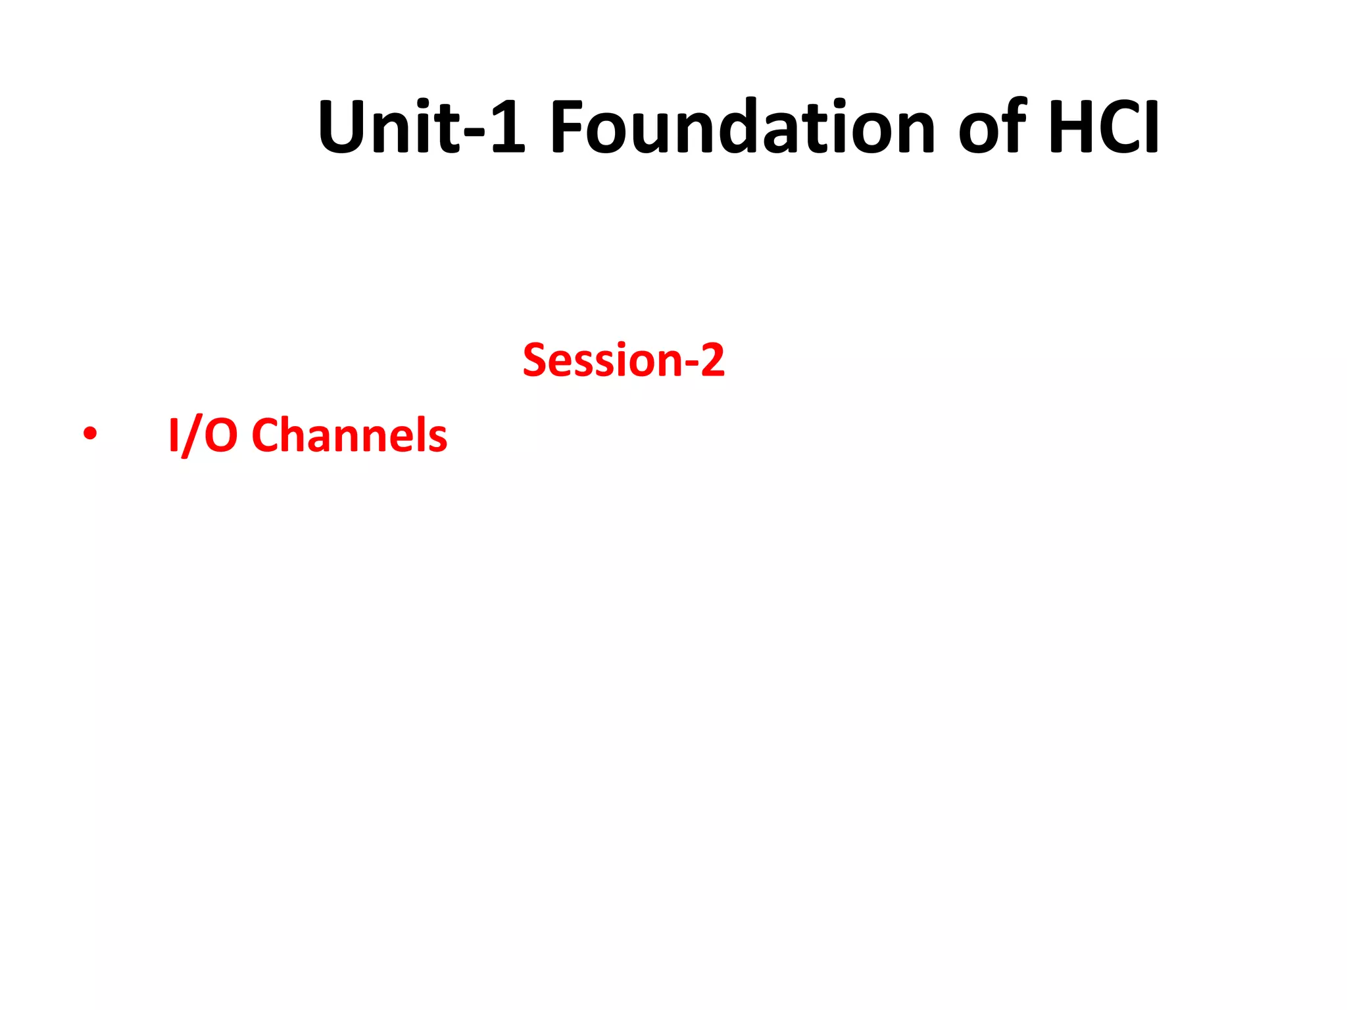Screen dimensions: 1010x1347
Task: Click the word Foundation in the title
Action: click(x=742, y=127)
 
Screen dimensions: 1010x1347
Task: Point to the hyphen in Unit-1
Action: click(x=474, y=131)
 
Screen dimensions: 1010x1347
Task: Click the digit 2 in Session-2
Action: click(x=712, y=360)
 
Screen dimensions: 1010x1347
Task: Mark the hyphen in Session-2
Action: click(x=691, y=365)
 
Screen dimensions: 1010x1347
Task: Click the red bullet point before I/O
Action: click(x=89, y=435)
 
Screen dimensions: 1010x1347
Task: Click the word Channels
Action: click(x=349, y=435)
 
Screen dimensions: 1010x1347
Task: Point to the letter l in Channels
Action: click(x=421, y=434)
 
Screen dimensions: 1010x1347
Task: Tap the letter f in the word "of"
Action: click(x=1014, y=125)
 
